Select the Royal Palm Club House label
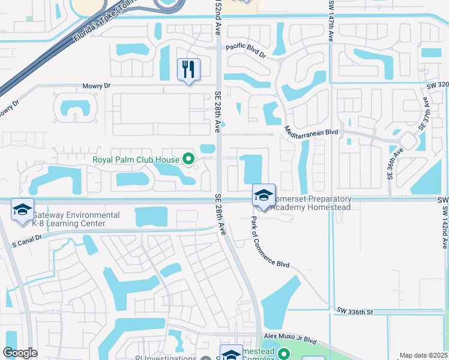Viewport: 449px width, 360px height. [x=136, y=160]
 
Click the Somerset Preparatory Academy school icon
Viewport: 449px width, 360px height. [x=264, y=195]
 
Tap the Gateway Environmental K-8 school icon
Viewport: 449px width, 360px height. [x=22, y=210]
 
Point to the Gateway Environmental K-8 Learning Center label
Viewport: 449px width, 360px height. [x=68, y=219]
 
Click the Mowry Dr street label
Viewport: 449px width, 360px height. [x=97, y=86]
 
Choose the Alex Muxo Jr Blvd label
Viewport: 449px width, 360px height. [x=290, y=338]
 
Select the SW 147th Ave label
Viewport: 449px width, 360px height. [x=331, y=20]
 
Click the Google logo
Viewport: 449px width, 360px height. [x=20, y=353]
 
